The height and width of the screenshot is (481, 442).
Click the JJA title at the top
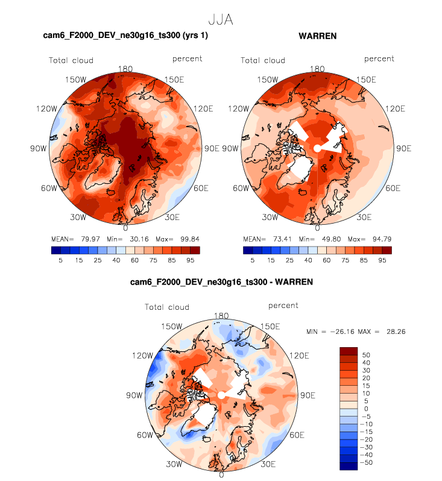pos(220,20)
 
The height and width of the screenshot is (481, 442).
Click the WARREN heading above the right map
pos(317,36)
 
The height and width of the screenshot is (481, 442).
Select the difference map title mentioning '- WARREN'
pos(221,281)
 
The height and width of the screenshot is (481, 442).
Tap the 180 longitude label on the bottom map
pos(221,315)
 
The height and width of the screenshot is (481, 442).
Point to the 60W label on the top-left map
pos(49,188)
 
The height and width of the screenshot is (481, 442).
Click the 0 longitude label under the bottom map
pos(221,475)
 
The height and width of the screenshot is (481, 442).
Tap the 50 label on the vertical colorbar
pos(366,355)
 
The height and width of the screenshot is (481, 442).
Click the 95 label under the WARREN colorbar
pos(382,260)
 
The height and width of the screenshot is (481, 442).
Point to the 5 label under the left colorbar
pos(60,260)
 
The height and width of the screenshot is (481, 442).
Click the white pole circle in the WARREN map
pos(317,148)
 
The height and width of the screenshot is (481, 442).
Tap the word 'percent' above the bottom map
pos(283,306)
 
